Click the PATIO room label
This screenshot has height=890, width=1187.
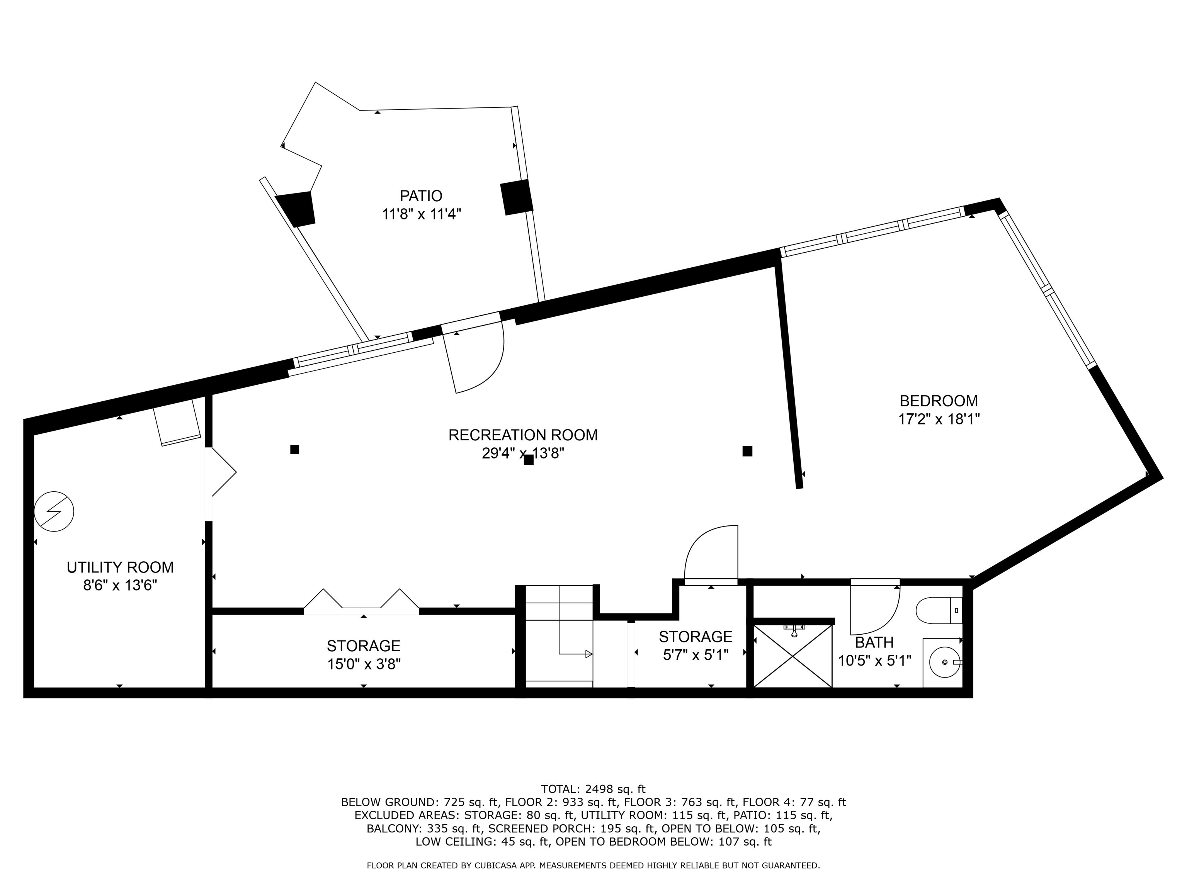pos(421,196)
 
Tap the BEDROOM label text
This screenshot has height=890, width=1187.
pos(939,401)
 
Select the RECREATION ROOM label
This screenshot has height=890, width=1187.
pos(523,435)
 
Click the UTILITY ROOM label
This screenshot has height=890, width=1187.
pos(120,567)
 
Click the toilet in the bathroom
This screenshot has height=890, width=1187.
pos(939,610)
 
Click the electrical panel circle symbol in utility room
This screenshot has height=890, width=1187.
pos(54,511)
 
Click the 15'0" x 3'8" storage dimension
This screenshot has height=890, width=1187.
pos(364,664)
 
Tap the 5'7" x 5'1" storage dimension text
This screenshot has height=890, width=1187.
pos(696,656)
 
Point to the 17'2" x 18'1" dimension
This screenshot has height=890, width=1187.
pos(939,420)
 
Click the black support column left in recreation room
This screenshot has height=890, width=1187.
pos(294,450)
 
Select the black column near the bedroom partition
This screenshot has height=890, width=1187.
pos(747,451)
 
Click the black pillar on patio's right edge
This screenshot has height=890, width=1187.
pos(517,197)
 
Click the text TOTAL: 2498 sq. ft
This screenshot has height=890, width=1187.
pos(593,789)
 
